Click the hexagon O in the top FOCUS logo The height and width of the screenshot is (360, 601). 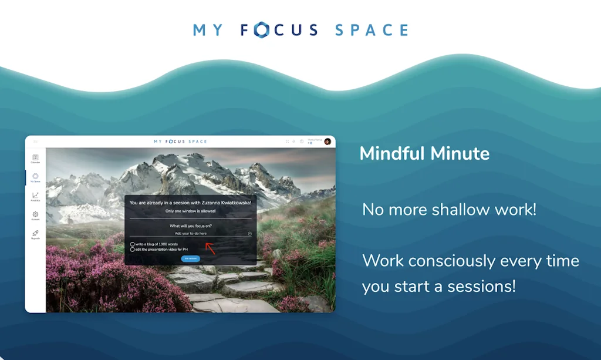pos(261,29)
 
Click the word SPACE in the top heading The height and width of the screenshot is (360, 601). pos(372,29)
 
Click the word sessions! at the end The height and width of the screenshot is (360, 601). pos(482,287)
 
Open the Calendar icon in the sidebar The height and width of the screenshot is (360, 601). pos(35,158)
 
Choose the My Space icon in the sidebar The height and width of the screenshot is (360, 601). pos(35,177)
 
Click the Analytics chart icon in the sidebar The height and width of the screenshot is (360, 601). pos(35,196)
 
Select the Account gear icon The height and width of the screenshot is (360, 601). pos(35,215)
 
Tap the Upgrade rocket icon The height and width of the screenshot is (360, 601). pos(35,234)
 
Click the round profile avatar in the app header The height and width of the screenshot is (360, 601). pos(327,142)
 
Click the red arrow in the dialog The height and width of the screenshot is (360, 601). pos(210,248)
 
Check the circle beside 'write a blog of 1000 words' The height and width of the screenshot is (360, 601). pos(132,244)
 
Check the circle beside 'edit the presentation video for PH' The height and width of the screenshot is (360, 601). pos(132,250)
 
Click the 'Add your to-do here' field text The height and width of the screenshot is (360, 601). pos(190,234)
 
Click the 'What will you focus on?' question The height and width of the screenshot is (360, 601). pos(190,226)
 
